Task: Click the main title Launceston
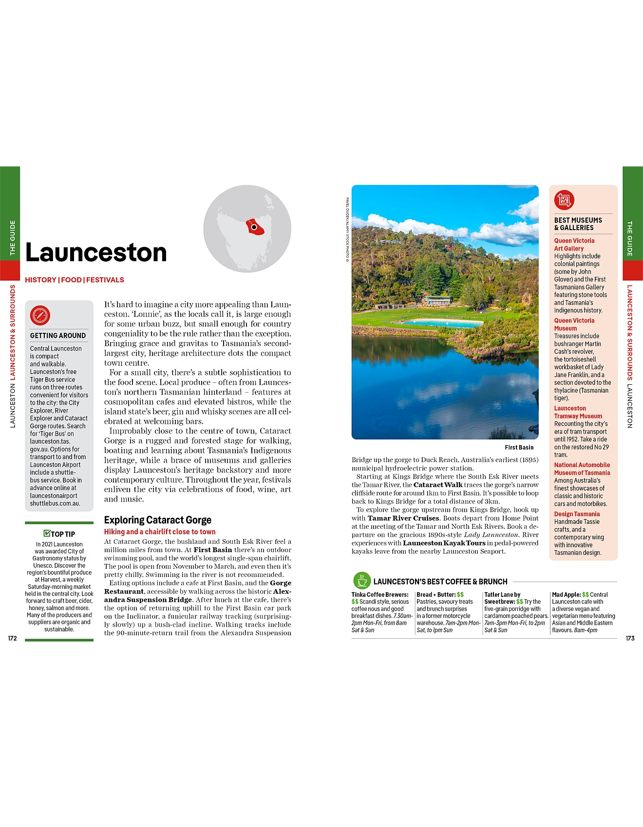point(96,252)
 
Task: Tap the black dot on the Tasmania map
point(254,227)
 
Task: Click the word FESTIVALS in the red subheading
point(105,280)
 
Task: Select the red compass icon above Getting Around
point(40,315)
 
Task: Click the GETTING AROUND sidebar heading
point(58,336)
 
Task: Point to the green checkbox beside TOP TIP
point(47,533)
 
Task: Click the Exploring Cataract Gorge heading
point(158,520)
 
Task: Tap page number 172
point(12,638)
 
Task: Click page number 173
point(630,638)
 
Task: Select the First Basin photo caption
point(519,448)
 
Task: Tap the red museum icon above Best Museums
point(564,199)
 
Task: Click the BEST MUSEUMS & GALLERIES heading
point(578,224)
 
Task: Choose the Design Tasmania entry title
point(577,514)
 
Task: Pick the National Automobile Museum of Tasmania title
point(582,469)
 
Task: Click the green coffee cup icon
point(361,581)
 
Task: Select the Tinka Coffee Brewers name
point(380,594)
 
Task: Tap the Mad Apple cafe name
point(566,594)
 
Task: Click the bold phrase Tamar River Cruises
point(403,518)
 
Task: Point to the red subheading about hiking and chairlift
point(160,532)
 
